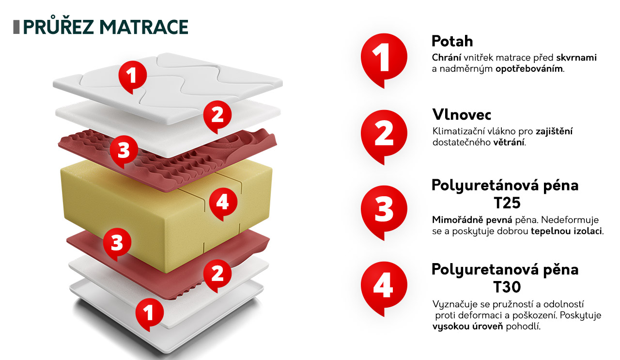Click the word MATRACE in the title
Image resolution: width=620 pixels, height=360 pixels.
click(x=144, y=27)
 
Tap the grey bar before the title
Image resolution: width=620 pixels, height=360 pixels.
click(x=16, y=27)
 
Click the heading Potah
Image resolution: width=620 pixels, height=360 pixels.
click(x=452, y=41)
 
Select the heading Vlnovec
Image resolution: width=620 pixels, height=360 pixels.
click(x=462, y=115)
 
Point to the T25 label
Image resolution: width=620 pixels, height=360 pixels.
click(x=507, y=203)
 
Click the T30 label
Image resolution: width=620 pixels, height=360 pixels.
click(x=507, y=287)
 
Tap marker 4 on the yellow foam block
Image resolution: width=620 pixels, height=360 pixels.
click(x=223, y=202)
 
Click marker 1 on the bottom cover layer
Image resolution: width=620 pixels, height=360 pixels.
click(x=150, y=313)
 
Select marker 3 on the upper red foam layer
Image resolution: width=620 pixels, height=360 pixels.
click(x=124, y=150)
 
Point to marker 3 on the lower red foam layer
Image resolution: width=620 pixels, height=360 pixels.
click(x=117, y=243)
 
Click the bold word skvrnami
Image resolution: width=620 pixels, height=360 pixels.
click(x=576, y=58)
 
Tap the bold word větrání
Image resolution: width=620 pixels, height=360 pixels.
click(x=509, y=142)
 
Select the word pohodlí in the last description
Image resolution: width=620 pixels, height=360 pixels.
click(x=523, y=327)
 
